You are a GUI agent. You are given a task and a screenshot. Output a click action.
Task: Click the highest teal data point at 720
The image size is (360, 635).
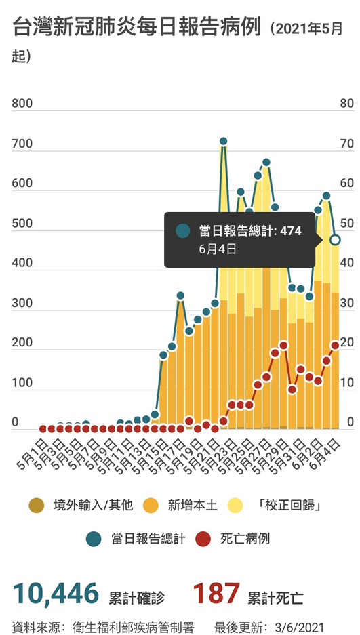pos(223,141)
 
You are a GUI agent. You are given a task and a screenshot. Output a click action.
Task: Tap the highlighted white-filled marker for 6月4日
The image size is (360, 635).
pos(335,240)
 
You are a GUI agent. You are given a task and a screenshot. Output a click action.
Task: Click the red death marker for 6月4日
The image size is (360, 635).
pos(335,345)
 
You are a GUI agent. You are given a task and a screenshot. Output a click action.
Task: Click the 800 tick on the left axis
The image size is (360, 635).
pos(22,104)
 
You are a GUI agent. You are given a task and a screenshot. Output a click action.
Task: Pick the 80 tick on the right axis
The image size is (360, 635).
pos(346,104)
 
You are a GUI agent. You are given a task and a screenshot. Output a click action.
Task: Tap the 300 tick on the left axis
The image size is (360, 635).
pos(22,303)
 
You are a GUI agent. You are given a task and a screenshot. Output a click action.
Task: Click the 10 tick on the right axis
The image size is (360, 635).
pos(346,383)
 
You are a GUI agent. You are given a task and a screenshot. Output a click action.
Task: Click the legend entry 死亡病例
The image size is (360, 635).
pos(245,539)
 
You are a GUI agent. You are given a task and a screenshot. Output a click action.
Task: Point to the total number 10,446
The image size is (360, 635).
pos(56,594)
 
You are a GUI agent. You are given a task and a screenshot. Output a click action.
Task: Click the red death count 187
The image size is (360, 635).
pos(216,594)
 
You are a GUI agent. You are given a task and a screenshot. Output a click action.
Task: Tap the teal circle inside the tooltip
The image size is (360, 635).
pos(182,231)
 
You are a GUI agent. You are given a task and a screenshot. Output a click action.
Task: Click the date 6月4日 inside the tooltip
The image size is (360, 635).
pos(218,249)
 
